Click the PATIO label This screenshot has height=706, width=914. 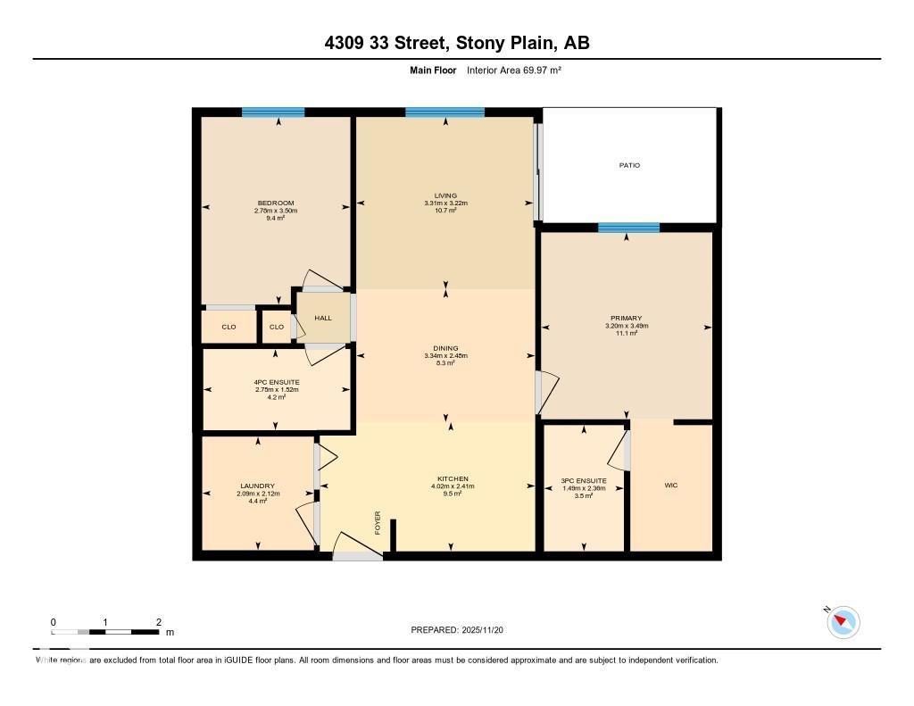pyautogui.click(x=630, y=165)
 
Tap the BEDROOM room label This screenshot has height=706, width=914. pyautogui.click(x=276, y=203)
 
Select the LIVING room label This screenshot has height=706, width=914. pyautogui.click(x=445, y=195)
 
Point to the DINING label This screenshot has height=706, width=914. pyautogui.click(x=445, y=348)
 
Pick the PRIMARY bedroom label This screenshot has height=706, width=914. pyautogui.click(x=626, y=319)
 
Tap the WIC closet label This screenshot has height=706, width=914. pyautogui.click(x=671, y=486)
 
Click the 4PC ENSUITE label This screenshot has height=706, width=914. pyautogui.click(x=276, y=382)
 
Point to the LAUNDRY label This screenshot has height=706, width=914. pyautogui.click(x=257, y=486)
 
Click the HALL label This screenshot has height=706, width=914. pyautogui.click(x=323, y=318)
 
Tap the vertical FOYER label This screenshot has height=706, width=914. pyautogui.click(x=378, y=520)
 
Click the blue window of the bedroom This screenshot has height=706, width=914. pyautogui.click(x=273, y=112)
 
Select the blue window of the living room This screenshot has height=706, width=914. pyautogui.click(x=445, y=112)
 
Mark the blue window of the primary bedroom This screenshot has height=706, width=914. pyautogui.click(x=628, y=228)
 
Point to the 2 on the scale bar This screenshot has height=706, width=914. pyautogui.click(x=158, y=622)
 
